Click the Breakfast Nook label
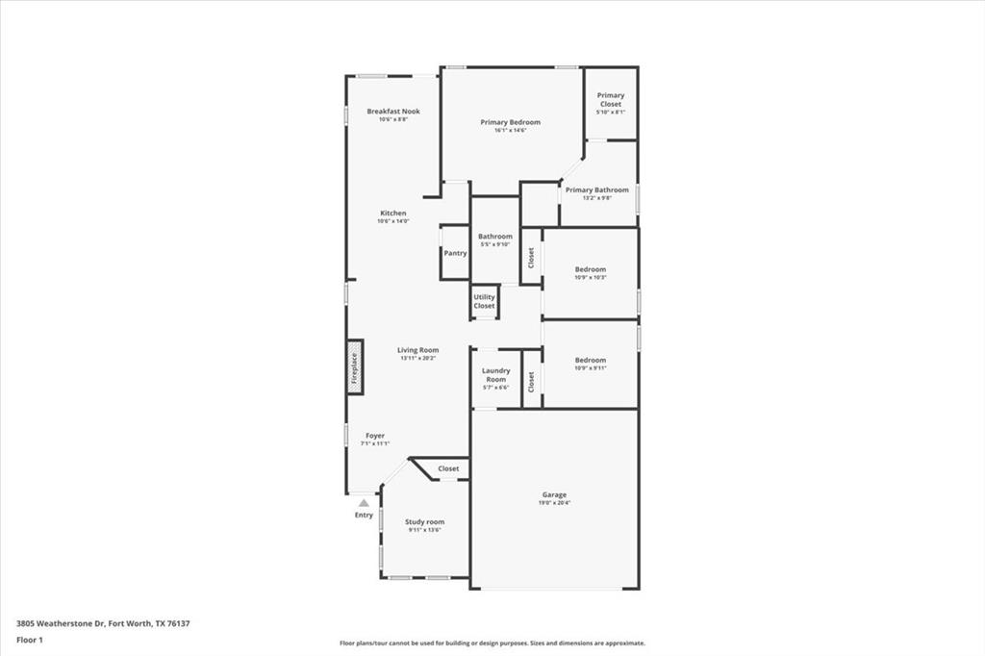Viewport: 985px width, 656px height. [392, 112]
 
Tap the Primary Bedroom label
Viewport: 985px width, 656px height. [510, 122]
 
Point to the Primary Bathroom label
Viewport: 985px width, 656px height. [596, 190]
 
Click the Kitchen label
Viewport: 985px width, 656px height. [392, 214]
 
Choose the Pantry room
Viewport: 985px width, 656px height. [455, 253]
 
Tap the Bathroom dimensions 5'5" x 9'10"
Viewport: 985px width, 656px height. [495, 244]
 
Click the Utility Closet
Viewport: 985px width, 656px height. [484, 301]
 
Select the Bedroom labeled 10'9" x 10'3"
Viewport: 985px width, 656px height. [591, 273]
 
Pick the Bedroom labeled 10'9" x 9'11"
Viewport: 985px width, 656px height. [591, 364]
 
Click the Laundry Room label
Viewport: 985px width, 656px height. [495, 375]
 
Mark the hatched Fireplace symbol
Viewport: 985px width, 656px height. [354, 366]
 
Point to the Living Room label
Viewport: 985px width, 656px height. [418, 350]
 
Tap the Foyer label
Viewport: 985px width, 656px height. [374, 436]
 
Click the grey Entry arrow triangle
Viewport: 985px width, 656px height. [363, 502]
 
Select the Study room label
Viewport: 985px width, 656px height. [424, 522]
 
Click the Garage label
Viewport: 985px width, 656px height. [554, 495]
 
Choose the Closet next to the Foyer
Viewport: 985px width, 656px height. [448, 468]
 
